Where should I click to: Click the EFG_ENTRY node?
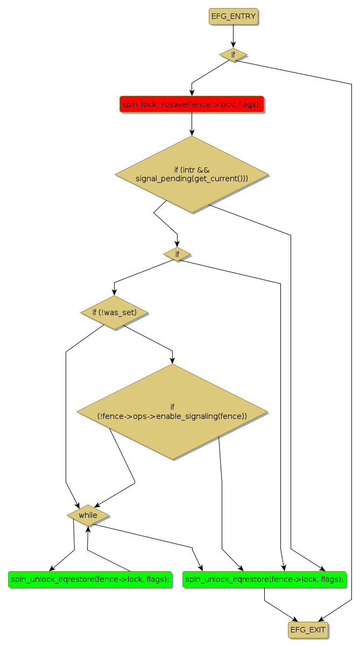pos(233,17)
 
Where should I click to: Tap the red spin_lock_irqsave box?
pos(192,104)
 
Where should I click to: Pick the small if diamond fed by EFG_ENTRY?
pos(233,55)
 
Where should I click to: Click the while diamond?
pos(88,515)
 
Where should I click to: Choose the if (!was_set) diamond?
pos(114,312)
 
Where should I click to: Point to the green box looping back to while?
pos(90,579)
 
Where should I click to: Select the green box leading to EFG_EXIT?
pos(264,579)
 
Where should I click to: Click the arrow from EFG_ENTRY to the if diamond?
pos(233,37)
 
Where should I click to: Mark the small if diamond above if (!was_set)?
pos(177,254)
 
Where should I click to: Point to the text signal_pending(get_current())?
pos(192,178)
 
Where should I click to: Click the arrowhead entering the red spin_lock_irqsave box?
pos(192,94)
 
